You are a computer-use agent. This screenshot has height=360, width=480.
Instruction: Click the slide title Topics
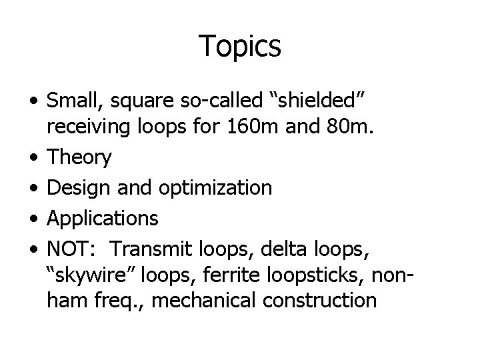pos(240,46)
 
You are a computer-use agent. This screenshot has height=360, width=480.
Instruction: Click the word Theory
pos(79,158)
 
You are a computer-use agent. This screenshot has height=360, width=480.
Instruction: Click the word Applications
pos(103,217)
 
